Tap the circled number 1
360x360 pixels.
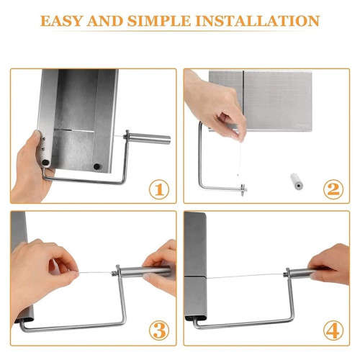159,189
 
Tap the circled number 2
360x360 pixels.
333,189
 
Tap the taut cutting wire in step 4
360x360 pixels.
245,276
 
